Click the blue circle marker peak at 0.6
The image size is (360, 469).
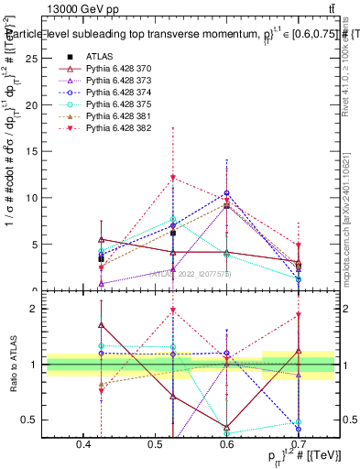(226, 193)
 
